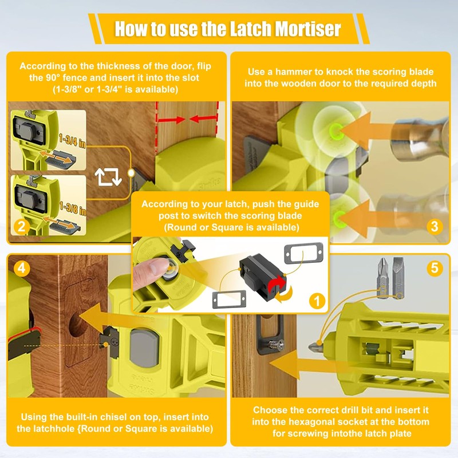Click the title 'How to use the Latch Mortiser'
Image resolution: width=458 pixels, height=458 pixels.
(228, 28)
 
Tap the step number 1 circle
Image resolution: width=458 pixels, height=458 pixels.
(314, 299)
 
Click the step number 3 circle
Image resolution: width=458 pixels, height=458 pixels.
(435, 227)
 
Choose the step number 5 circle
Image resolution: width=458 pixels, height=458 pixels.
(435, 268)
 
